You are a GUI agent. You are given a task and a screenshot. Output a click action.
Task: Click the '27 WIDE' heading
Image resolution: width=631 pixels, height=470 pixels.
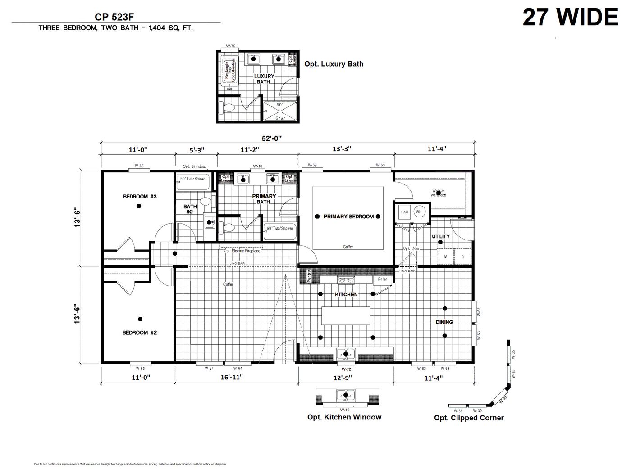click(570, 18)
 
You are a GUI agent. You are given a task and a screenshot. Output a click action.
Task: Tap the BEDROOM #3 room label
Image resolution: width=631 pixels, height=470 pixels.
click(140, 197)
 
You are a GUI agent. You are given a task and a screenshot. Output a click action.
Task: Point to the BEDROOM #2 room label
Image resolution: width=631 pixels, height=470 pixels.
click(140, 332)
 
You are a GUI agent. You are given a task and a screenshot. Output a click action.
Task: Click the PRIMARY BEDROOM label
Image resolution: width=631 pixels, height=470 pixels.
click(348, 217)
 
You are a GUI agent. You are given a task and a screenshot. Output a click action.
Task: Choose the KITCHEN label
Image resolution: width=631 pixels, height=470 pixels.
click(346, 295)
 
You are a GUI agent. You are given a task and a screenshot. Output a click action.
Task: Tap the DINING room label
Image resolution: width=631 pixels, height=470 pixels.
click(444, 322)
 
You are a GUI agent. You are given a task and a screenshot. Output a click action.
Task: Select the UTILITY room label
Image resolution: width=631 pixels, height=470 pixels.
click(441, 236)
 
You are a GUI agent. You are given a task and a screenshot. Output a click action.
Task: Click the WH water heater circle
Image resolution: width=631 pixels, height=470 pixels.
click(418, 212)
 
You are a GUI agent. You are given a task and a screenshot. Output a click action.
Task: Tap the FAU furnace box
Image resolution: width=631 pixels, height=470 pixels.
click(404, 212)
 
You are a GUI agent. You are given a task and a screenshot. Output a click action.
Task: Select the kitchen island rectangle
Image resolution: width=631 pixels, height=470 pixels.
click(346, 315)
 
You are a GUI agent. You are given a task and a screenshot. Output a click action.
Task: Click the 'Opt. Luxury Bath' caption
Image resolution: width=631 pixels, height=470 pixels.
click(334, 64)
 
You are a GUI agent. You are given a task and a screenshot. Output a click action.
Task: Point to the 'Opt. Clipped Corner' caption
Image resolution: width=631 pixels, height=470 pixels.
click(469, 418)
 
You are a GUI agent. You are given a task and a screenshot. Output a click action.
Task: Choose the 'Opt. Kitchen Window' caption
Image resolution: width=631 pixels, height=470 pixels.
click(344, 417)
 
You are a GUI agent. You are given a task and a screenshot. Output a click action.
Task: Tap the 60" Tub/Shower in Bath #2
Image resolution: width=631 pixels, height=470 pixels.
click(193, 179)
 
